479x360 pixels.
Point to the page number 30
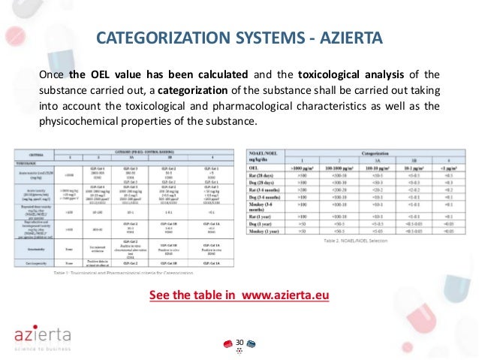(x=239, y=343)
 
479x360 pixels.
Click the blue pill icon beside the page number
(x=251, y=343)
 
